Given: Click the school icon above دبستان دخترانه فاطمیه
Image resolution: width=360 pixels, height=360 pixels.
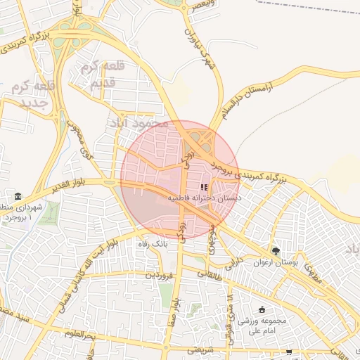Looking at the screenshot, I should tap(205, 188).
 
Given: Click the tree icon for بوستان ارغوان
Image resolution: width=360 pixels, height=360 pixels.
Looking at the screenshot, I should tap(275, 251).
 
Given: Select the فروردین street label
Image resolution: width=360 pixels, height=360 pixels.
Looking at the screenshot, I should tap(158, 275).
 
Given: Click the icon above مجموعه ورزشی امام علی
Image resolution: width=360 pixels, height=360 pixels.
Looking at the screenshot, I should tap(262, 309).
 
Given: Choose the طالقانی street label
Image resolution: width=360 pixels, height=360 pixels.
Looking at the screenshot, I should tap(209, 273).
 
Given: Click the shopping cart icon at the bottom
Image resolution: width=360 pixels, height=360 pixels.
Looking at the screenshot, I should tap(289, 351).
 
